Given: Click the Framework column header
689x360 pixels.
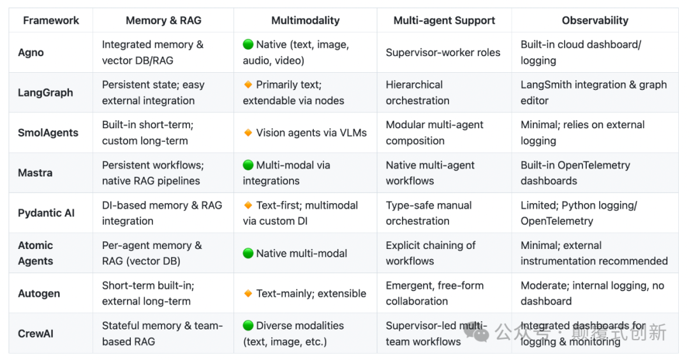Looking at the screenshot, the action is click(51, 20).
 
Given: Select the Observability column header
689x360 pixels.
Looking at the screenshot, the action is click(595, 20).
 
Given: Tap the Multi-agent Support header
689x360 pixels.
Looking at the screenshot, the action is click(444, 20).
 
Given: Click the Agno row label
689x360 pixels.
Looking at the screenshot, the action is click(31, 52).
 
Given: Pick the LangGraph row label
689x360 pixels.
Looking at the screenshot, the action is click(45, 93).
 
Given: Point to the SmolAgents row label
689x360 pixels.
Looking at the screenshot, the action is click(48, 133).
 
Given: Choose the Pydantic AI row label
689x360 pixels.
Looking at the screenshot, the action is click(46, 213).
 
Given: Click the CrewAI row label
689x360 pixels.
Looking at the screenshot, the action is click(36, 333).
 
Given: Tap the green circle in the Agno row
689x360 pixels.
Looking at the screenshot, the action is click(248, 45).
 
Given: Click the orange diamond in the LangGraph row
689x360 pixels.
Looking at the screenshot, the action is click(248, 85).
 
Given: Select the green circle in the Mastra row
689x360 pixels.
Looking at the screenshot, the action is click(248, 165).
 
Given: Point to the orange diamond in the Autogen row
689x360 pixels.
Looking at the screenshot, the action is click(248, 294).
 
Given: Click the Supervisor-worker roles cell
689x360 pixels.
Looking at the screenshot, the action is click(443, 52).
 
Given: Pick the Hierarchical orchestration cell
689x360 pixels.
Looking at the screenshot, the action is click(417, 93).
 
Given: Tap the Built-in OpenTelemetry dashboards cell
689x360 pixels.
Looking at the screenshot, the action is click(575, 173).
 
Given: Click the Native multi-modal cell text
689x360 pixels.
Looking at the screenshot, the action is click(301, 253).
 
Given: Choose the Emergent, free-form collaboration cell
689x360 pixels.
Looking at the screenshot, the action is click(434, 294).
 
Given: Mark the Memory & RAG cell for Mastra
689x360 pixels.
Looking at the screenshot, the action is click(152, 173).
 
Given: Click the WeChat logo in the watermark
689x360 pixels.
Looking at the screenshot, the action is click(477, 332).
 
